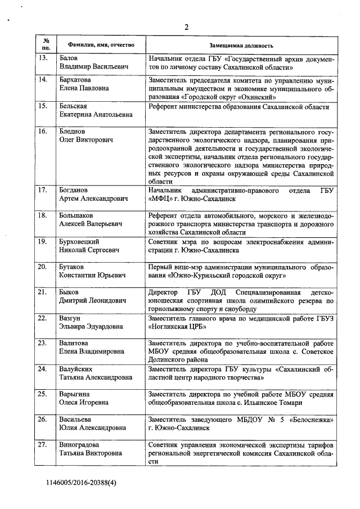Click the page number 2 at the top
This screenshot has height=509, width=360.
pyautogui.click(x=186, y=26)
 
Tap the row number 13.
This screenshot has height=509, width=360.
pyautogui.click(x=42, y=58)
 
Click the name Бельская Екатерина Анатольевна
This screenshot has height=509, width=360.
pyautogui.click(x=96, y=110)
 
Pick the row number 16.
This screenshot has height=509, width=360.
pyautogui.click(x=42, y=131)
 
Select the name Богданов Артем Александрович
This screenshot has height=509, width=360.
pyautogui.click(x=94, y=194)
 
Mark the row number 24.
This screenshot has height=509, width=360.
pyautogui.click(x=42, y=368)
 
